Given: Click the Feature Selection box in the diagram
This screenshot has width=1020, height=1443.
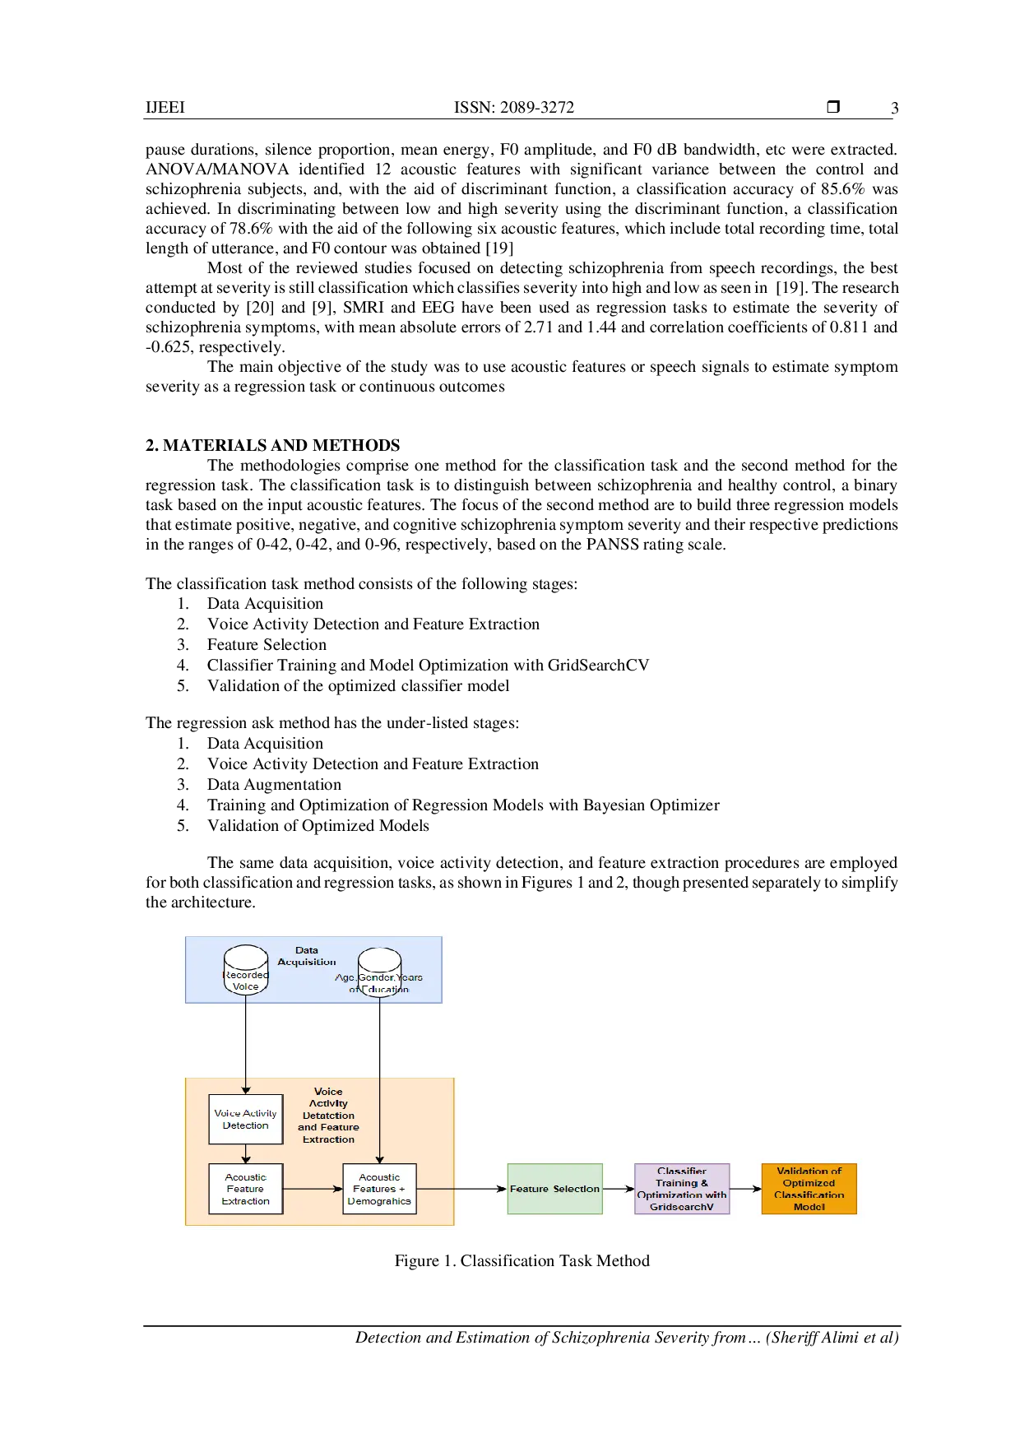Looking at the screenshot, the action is point(555,1189).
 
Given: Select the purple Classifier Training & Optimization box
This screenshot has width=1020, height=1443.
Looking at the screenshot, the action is point(682,1189).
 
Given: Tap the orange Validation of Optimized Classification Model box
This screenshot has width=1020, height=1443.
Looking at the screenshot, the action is point(809,1189).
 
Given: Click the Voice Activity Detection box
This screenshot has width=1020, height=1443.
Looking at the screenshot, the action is point(246,1120).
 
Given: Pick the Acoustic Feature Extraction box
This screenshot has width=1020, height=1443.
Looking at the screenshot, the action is point(246,1189).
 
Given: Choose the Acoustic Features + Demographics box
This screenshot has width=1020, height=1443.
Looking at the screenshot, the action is point(379,1189).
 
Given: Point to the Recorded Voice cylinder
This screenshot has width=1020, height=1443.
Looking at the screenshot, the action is point(246,970).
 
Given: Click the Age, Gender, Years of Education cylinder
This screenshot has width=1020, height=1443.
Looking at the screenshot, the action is point(379,972).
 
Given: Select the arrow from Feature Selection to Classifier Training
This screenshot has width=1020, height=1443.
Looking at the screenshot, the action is point(619,1189).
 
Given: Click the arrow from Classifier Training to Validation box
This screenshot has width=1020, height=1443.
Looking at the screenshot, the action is point(746,1189).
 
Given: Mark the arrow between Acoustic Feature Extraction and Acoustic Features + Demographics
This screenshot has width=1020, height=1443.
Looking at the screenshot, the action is point(313,1189).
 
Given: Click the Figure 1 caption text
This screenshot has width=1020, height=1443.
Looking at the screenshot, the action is point(522,1261).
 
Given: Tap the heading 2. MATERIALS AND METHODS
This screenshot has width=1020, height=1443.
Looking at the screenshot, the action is point(273,445).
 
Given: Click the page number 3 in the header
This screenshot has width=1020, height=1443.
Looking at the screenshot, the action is point(895,108).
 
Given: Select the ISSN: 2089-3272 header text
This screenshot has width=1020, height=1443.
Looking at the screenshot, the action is point(514,107).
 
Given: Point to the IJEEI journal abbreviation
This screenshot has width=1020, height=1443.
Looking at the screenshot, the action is point(165,107).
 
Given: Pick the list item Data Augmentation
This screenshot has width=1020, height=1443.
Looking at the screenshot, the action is point(274,785).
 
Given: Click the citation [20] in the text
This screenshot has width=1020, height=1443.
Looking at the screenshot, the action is point(260,308).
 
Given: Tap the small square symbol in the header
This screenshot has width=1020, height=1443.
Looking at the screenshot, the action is point(833,107).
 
